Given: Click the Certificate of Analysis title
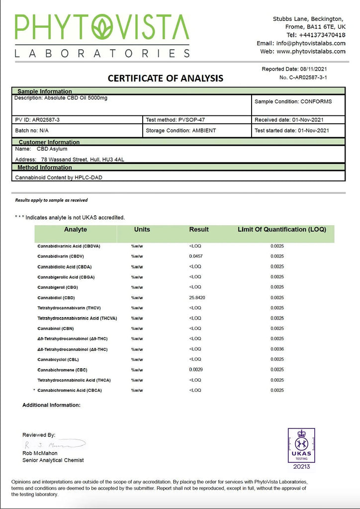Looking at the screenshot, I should coord(166,79).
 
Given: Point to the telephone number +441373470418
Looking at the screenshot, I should coord(322,35).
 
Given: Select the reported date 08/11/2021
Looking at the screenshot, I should coord(314,69).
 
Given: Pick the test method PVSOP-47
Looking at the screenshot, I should coord(188,120).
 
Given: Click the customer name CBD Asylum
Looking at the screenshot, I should coord(52,149).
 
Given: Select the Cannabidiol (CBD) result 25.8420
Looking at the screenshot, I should coord(197,298).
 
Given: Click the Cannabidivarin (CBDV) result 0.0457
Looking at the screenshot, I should coord(196,256).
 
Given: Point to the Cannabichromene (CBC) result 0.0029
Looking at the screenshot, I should coord(196,369).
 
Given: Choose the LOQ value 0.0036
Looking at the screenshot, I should coord(277,349).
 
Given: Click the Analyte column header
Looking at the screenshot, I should coord(76,230).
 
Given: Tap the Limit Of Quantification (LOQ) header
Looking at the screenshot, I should coord(281,230).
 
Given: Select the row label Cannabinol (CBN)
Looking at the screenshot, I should coord(56,329).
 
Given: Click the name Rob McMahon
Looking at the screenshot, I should coord(40,453).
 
